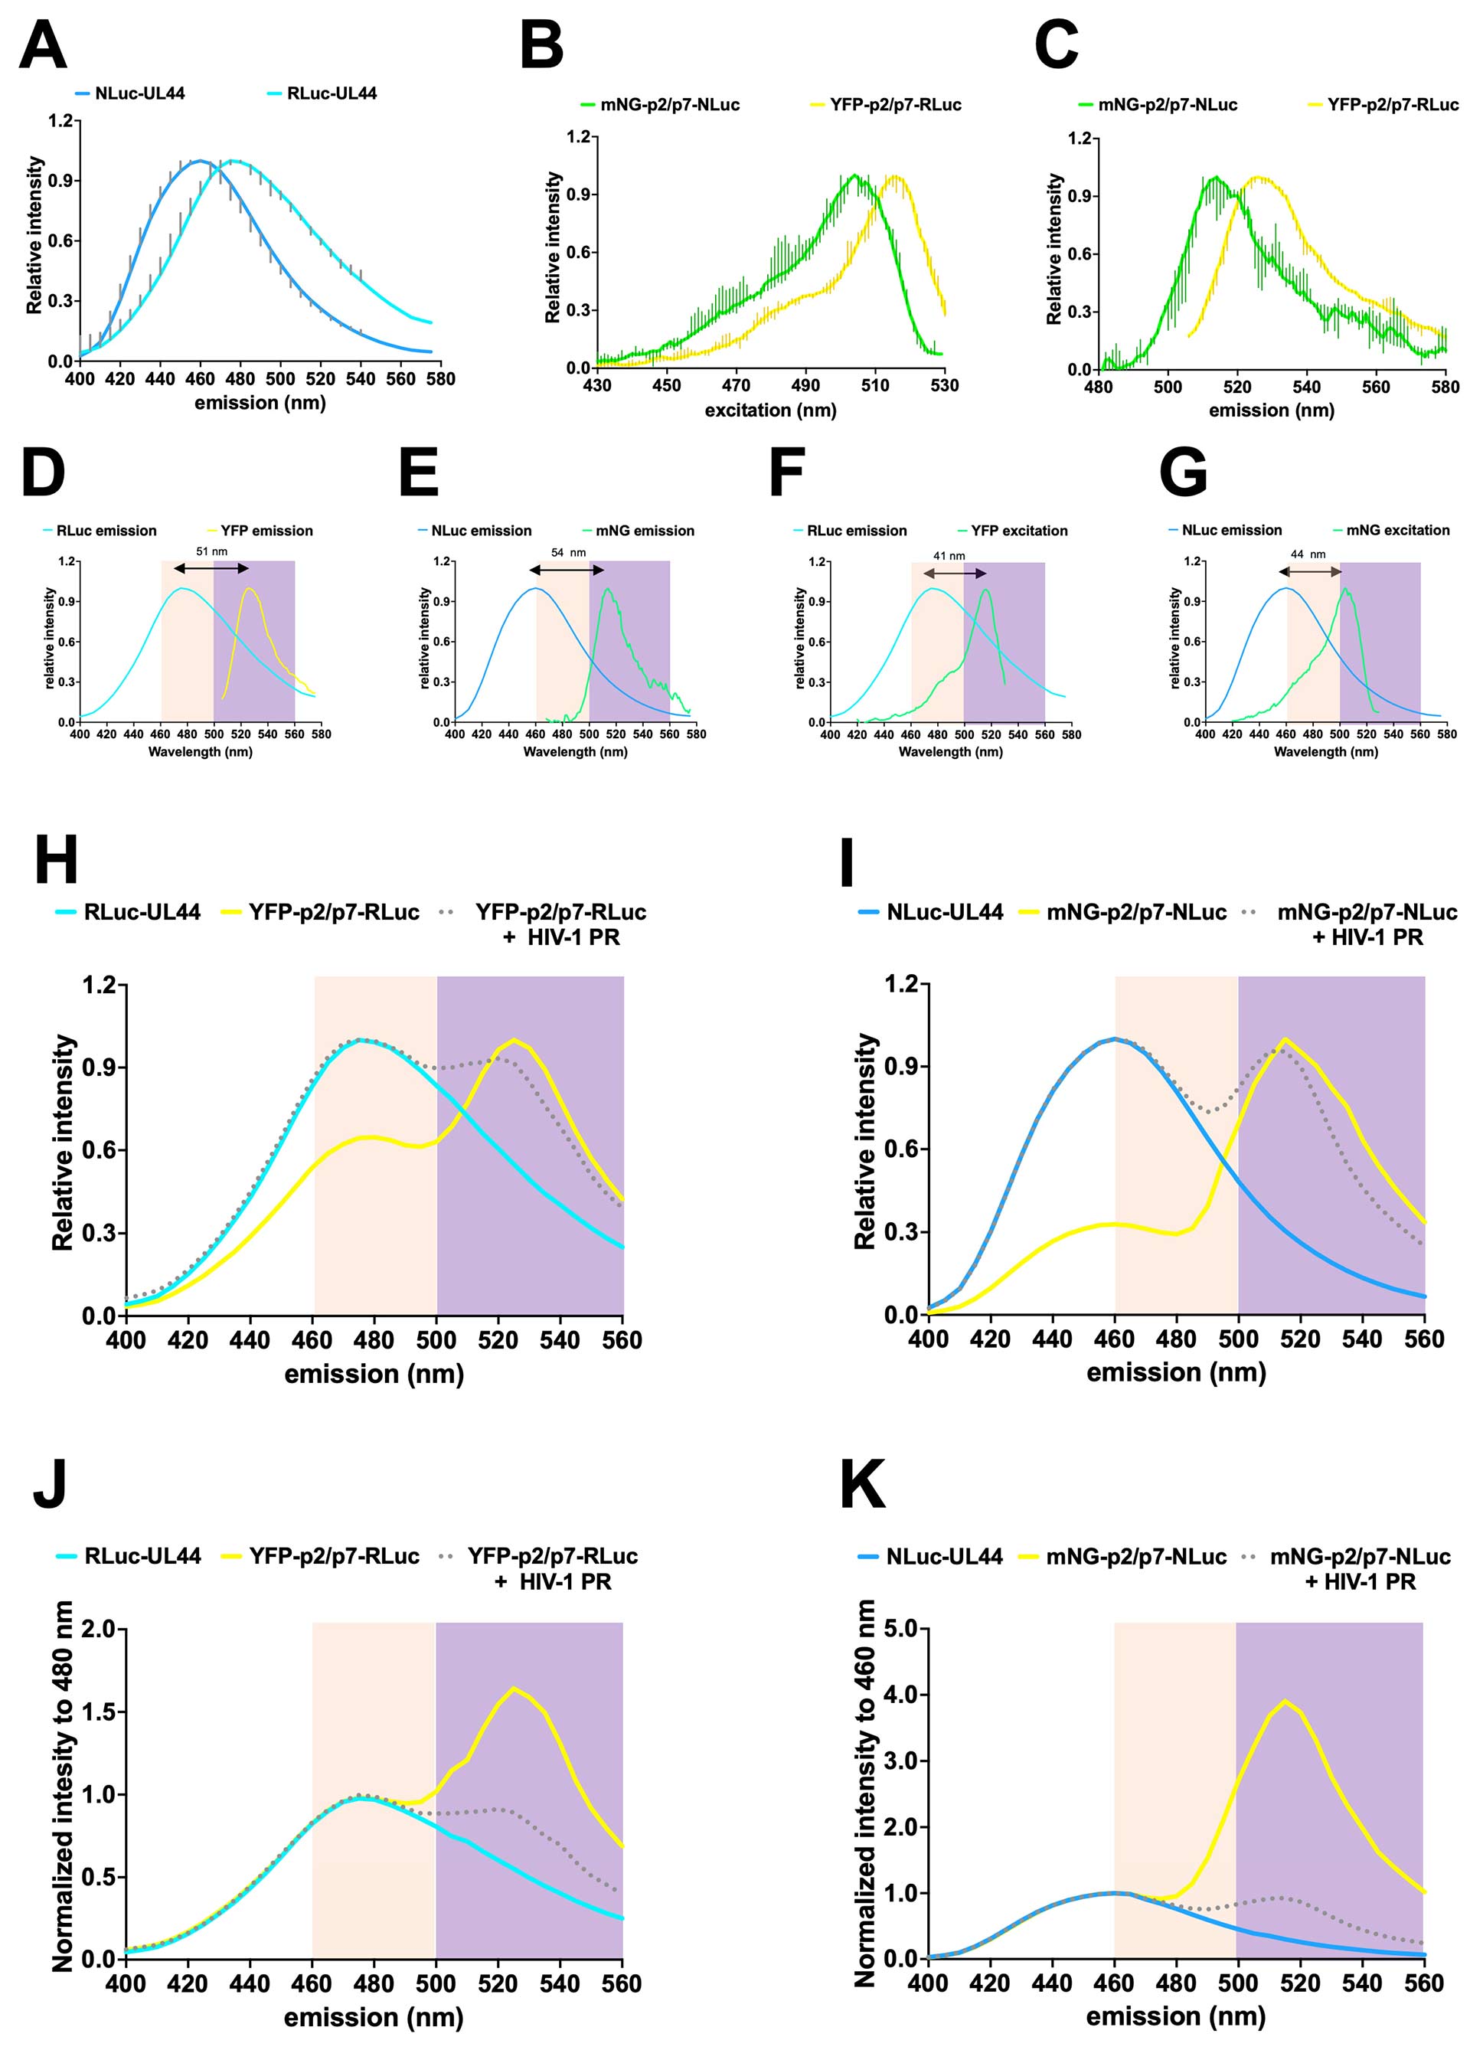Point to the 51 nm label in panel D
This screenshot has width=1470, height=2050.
(211, 551)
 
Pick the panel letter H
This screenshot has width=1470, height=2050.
(55, 861)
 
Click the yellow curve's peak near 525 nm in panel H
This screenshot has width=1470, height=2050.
(514, 1041)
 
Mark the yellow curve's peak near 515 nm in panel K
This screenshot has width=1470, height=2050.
(1284, 1700)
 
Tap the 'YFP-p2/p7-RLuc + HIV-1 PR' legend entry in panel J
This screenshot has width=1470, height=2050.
(552, 1568)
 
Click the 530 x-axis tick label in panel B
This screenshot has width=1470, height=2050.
(944, 385)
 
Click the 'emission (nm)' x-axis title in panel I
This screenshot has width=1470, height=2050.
(1175, 1373)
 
